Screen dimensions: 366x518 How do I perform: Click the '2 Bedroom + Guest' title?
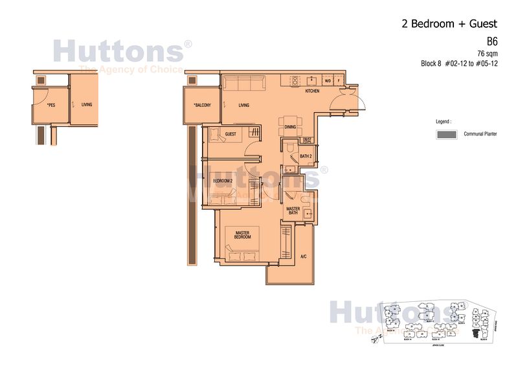(x=449, y=24)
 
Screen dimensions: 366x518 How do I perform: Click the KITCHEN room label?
(x=312, y=91)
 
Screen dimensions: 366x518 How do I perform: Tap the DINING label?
(x=289, y=127)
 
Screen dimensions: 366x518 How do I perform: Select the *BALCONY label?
(x=202, y=106)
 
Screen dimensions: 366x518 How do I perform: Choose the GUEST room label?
(x=230, y=135)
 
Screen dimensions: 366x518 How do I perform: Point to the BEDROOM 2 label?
(x=222, y=181)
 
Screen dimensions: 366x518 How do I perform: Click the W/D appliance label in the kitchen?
(x=328, y=81)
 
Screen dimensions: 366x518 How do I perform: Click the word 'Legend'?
(x=445, y=121)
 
